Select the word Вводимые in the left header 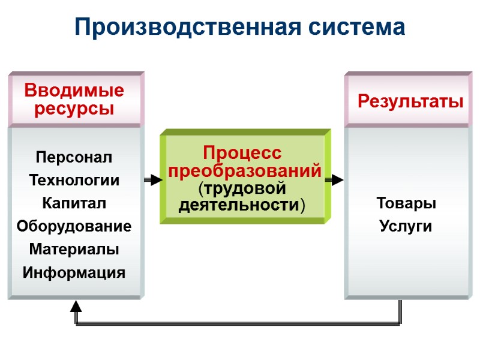(74, 91)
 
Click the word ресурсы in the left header (74, 109)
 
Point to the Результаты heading (410, 101)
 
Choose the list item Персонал (74, 158)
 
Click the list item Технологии (74, 180)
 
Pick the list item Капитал (74, 203)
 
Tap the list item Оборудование (74, 226)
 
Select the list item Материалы (74, 249)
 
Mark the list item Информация (74, 273)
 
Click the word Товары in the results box (406, 203)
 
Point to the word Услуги (406, 226)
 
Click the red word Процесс (242, 152)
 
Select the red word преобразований (245, 171)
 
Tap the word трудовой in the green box (242, 188)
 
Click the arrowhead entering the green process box (156, 179)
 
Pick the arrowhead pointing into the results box (337, 179)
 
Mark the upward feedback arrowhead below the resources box (76, 307)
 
